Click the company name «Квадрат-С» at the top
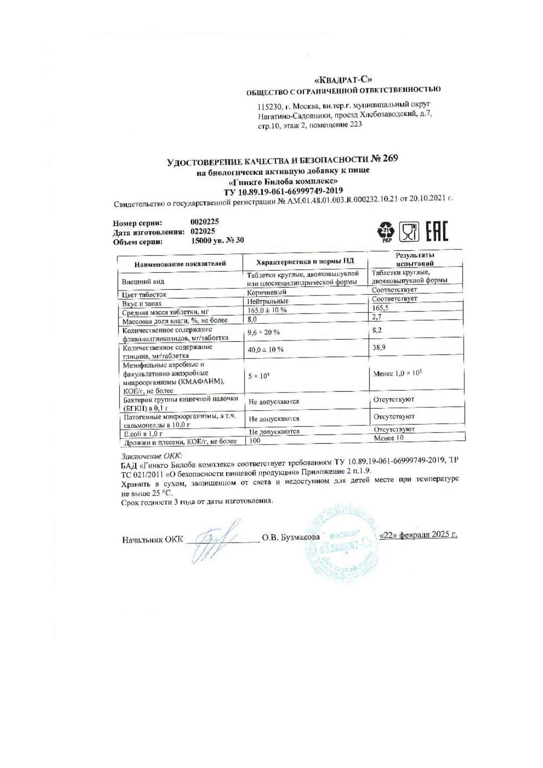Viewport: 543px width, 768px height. (x=343, y=80)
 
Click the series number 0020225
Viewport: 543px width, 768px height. (x=205, y=222)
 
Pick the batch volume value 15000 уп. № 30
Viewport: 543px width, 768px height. (x=217, y=240)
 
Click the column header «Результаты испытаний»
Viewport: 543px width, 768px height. (x=414, y=259)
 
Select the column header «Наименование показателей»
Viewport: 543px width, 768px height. (x=180, y=263)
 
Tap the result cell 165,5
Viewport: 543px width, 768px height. (x=380, y=308)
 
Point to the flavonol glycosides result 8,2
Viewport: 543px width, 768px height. (x=377, y=330)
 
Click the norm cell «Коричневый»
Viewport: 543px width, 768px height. (x=267, y=292)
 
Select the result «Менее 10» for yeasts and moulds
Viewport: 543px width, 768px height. (x=389, y=438)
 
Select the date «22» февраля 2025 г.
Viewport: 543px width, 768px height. (x=418, y=535)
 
